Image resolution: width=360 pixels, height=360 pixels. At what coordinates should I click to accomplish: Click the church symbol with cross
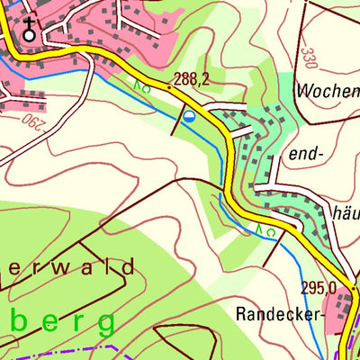coord(30,30)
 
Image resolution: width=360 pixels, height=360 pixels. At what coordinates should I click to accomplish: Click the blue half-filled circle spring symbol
coord(189,117)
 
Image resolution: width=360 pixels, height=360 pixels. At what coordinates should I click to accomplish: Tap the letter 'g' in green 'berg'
coord(106,323)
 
